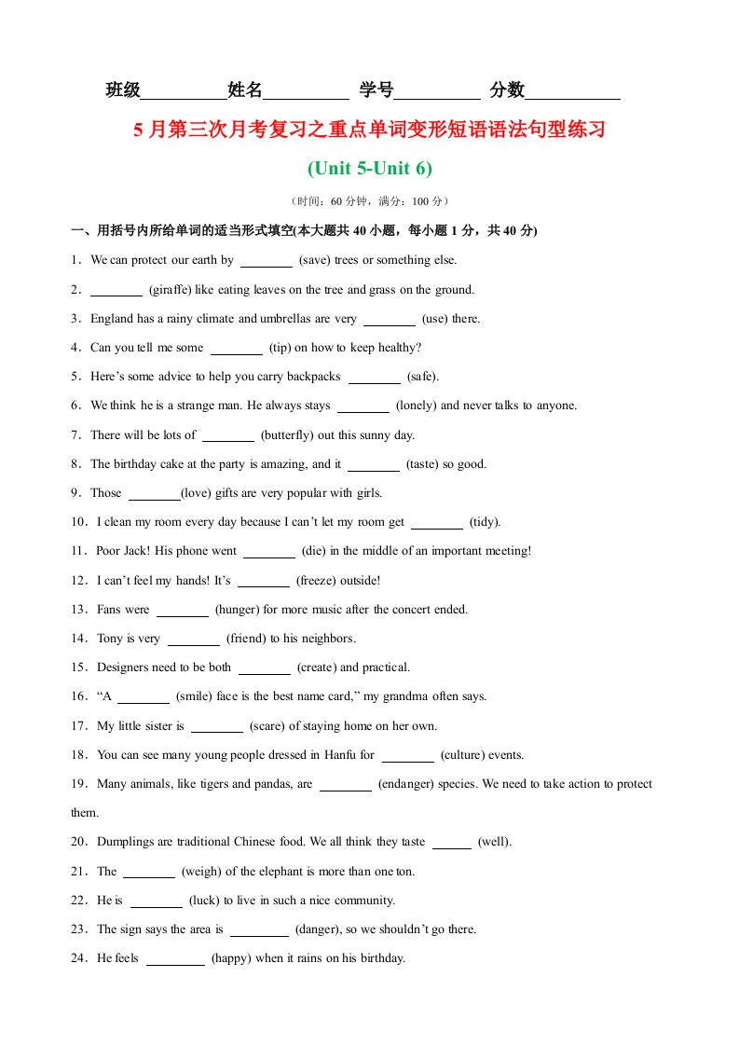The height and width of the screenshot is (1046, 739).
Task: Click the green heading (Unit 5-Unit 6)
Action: [x=370, y=169]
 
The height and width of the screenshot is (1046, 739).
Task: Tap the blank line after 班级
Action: [x=184, y=92]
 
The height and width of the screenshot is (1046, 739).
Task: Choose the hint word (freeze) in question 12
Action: [x=321, y=581]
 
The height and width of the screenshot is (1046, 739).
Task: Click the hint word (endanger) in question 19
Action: [x=408, y=784]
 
